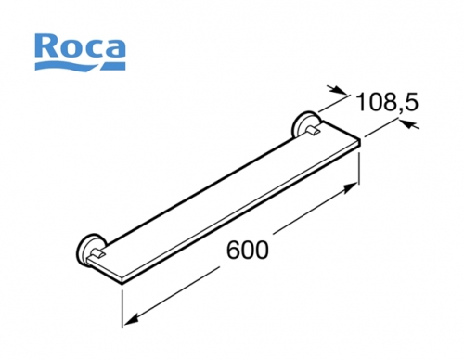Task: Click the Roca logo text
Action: coord(81,47)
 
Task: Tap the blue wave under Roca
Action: coord(81,65)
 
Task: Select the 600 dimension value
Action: coord(248,251)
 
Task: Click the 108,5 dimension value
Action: coord(387,102)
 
